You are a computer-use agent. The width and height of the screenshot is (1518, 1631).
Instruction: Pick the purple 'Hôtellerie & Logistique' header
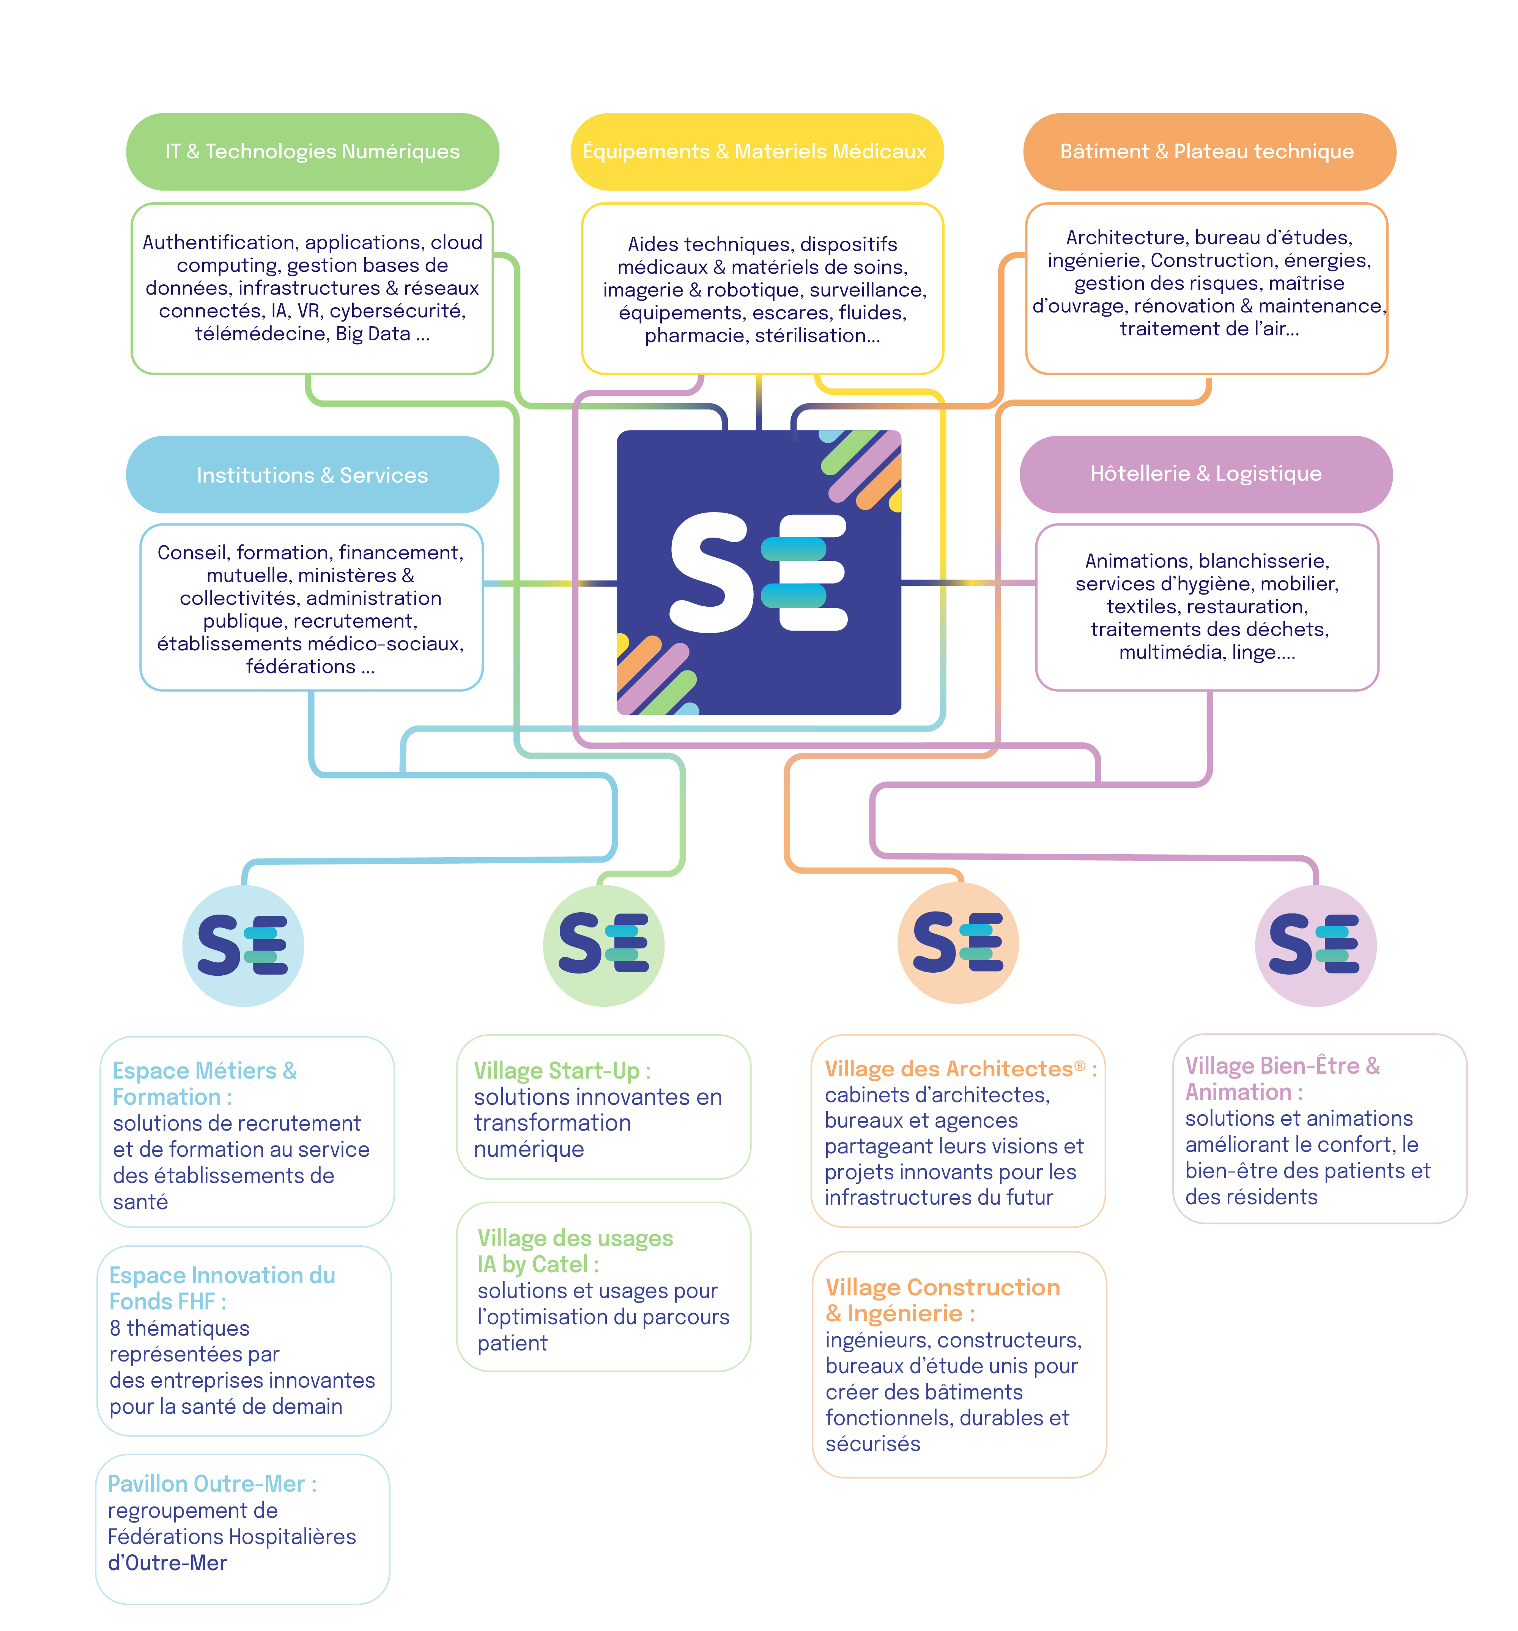point(1206,473)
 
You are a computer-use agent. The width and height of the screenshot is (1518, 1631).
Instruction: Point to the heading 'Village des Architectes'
point(950,1068)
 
